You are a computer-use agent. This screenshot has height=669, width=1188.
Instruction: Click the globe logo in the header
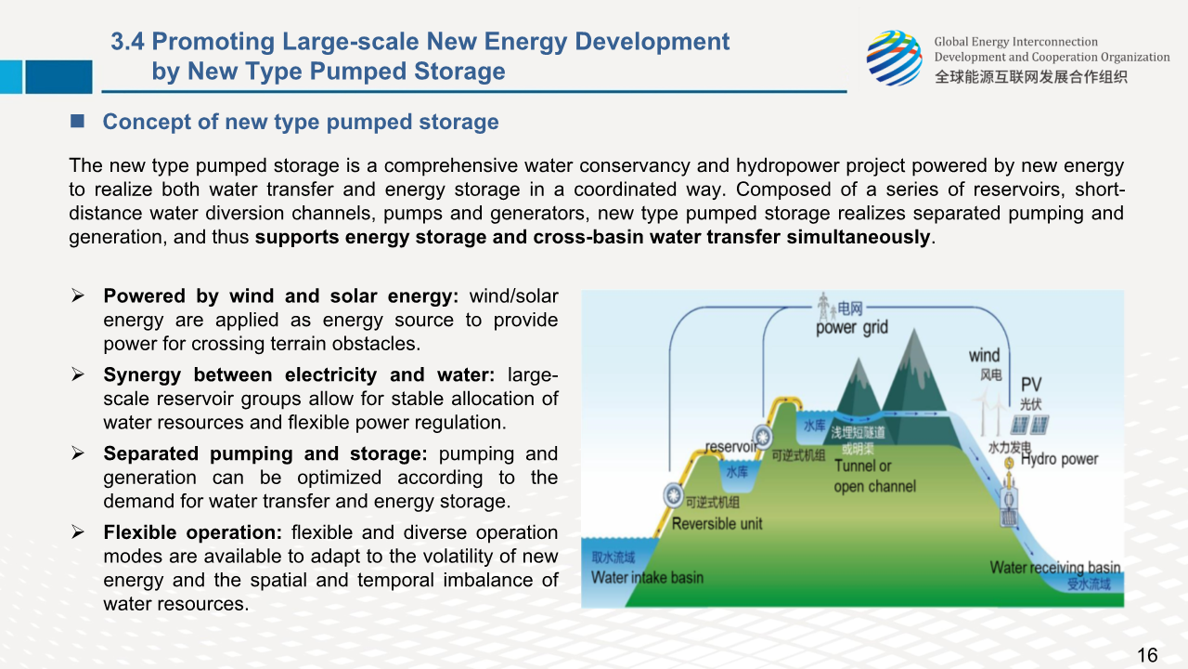point(894,58)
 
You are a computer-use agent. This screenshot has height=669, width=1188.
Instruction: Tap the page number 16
point(1147,655)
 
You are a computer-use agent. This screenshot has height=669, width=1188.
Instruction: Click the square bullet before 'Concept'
point(77,121)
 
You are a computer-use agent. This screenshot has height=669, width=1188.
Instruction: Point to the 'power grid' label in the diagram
point(852,328)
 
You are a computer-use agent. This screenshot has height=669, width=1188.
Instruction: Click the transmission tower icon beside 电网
point(823,307)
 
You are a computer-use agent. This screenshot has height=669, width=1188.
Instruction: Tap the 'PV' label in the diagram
point(1031,384)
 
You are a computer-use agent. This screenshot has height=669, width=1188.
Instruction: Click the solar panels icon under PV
point(1029,425)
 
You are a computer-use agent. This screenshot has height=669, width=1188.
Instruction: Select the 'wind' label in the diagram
point(985,355)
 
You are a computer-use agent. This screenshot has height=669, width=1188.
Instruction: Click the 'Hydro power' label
point(1060,459)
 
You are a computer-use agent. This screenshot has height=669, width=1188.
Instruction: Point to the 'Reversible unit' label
point(717,523)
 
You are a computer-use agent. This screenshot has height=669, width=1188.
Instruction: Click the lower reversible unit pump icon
point(674,495)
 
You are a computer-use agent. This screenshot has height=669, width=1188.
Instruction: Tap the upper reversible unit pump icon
point(763,437)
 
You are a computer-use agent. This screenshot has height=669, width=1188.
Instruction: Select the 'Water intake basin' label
point(647,577)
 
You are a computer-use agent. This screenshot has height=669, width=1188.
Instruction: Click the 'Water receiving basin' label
point(1055,567)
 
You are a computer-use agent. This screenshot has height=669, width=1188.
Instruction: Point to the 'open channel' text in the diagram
point(875,486)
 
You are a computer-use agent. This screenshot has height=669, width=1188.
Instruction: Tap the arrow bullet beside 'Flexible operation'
point(78,532)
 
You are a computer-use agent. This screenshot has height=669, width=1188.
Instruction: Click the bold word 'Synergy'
point(142,375)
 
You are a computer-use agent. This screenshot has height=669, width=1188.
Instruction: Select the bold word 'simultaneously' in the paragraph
point(859,237)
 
